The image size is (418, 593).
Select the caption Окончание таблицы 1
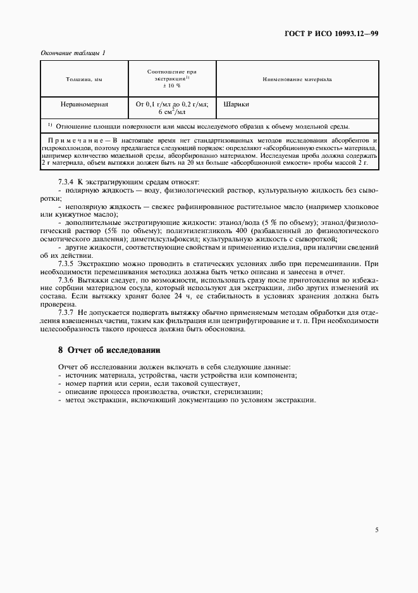[73, 53]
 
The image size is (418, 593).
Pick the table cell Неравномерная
[83, 103]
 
